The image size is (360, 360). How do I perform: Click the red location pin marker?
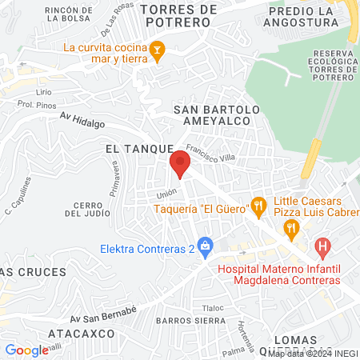[180, 166]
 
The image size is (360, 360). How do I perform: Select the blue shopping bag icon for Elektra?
[205, 245]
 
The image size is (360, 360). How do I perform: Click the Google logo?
[26, 350]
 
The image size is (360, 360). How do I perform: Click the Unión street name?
[166, 193]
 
